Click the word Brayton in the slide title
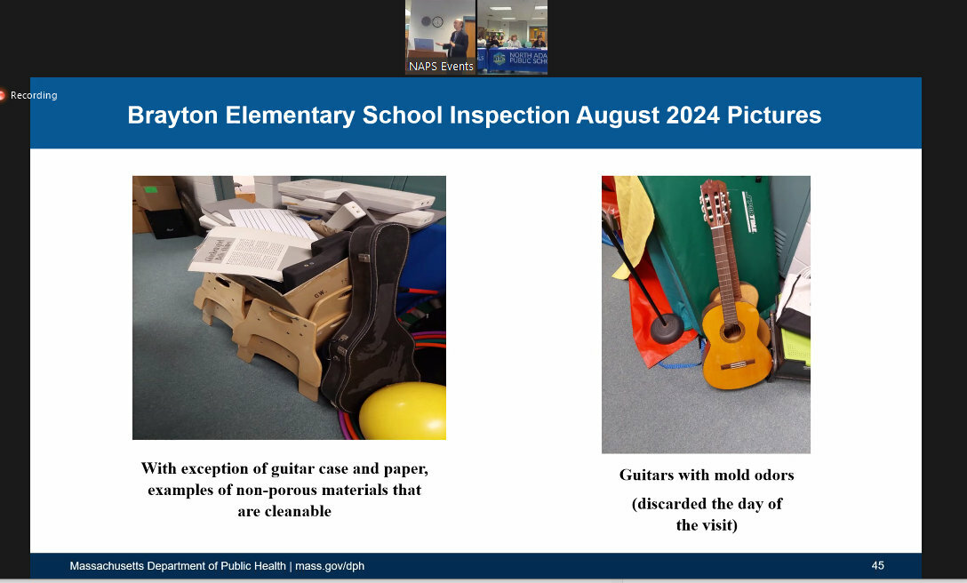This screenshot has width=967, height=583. tap(172, 116)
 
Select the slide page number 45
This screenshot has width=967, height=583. tap(877, 565)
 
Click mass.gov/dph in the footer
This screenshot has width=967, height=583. tap(330, 566)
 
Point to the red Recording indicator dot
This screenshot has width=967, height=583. tap(2, 95)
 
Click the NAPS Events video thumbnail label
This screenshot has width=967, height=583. tap(441, 66)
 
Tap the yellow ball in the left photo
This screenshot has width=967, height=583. tap(404, 411)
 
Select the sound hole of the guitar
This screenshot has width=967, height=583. tap(732, 331)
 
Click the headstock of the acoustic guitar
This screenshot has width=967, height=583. tap(715, 203)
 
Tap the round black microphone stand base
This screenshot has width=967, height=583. tap(667, 329)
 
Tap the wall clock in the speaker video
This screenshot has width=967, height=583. tap(437, 22)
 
